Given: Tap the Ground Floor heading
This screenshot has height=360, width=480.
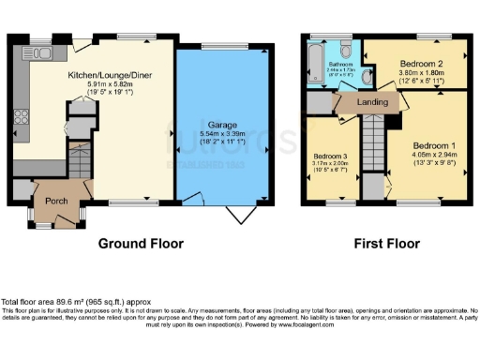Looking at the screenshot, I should pyautogui.click(x=141, y=244).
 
